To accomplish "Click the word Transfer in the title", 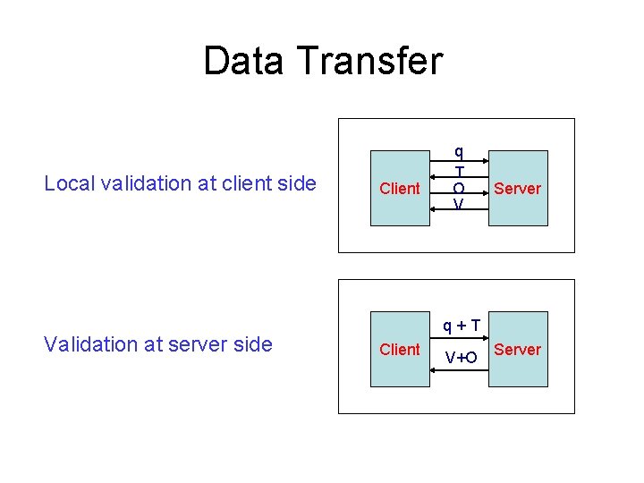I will pos(371,61).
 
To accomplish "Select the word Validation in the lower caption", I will pos(90,344).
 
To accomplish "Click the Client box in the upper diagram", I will pos(399,188).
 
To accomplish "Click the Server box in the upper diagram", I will pos(518,188).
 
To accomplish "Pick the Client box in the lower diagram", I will pos(399,349).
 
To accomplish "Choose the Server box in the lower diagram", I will pos(518,349).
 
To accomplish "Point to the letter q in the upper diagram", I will pos(459,152).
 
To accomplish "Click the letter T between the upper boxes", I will pos(459,171).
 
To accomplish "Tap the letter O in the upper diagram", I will pos(459,189).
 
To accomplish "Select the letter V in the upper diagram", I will pos(459,205).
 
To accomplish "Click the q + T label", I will pos(460,324).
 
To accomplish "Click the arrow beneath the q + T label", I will pos(459,339).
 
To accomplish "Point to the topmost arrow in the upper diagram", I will pos(459,162).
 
